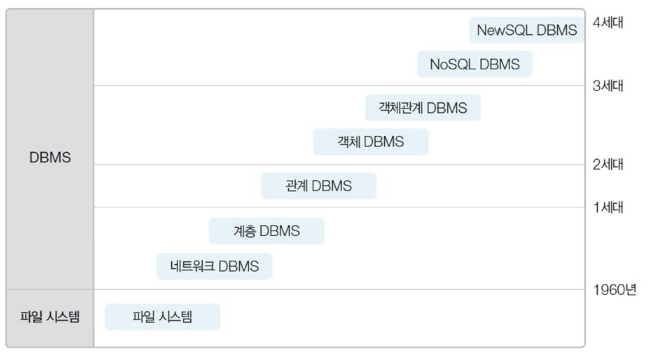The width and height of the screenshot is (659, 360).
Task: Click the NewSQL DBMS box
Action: [x=526, y=30]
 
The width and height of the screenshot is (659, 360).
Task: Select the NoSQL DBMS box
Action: [x=475, y=64]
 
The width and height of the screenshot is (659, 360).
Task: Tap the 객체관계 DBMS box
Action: [x=422, y=108]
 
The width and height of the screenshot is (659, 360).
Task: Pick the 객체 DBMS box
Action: [x=371, y=142]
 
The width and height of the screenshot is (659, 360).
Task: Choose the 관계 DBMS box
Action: [x=319, y=186]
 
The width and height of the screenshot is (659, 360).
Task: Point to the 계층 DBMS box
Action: [x=266, y=231]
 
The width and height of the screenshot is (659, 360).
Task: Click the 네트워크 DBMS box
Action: [x=215, y=267]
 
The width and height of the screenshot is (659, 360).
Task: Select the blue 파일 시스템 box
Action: [x=162, y=317]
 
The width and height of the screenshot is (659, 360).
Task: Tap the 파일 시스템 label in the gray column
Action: [x=50, y=317]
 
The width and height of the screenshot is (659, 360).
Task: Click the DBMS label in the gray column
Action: [x=50, y=157]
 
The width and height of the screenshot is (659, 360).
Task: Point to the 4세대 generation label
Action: [x=608, y=23]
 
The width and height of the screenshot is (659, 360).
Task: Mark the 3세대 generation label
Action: [x=608, y=86]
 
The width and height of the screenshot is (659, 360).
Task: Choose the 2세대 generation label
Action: [x=608, y=164]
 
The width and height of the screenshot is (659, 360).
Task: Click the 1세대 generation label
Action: [x=608, y=207]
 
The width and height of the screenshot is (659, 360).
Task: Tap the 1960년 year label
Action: [x=614, y=290]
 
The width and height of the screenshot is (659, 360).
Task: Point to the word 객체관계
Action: [x=400, y=108]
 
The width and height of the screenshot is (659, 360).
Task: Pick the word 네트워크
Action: [x=192, y=267]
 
